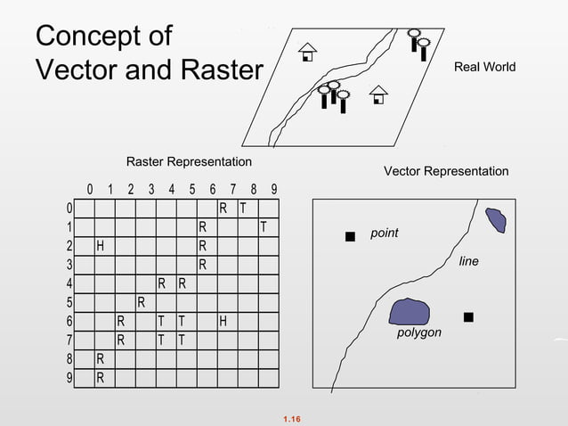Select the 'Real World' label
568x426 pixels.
coord(484,68)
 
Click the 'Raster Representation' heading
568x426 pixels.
coord(189,162)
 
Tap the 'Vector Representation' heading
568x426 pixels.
coord(446,171)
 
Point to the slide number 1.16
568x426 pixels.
coord(291,418)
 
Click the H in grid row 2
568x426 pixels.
coord(102,246)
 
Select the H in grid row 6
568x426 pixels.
coord(223,321)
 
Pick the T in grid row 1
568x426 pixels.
coord(263,227)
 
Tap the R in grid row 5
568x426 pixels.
coord(141,302)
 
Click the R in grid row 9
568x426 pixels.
coord(100,378)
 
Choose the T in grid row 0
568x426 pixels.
coord(243,209)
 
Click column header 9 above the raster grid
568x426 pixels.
coord(274,189)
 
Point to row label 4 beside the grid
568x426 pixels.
coord(69,284)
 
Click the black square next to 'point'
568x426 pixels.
coord(350,236)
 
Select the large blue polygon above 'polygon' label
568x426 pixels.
coord(409,311)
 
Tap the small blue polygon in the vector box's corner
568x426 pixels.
coord(495,220)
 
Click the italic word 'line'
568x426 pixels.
coord(468,261)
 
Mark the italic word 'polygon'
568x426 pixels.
coord(418,332)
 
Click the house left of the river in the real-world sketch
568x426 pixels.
coord(307,52)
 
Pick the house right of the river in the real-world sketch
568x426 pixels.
coord(378,94)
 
